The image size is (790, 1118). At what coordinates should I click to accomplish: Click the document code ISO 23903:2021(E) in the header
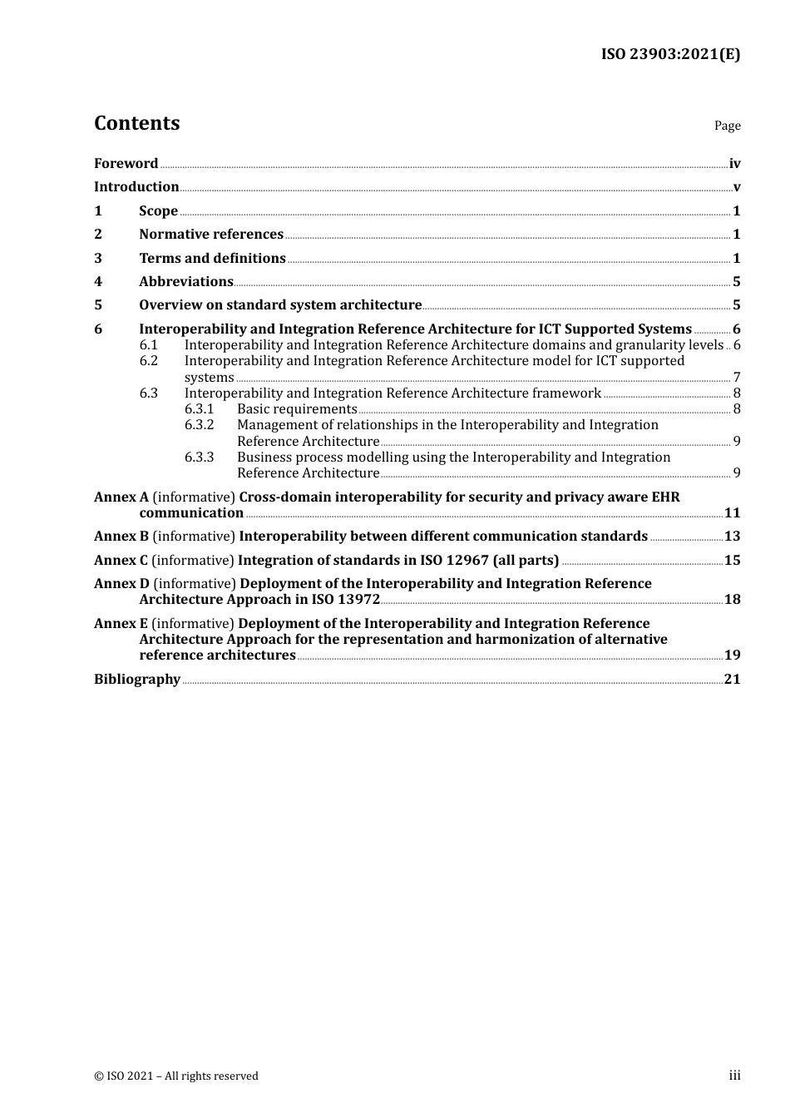point(670,55)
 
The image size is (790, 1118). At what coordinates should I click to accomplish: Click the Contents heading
point(136,123)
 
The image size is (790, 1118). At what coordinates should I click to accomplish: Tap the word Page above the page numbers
point(727,126)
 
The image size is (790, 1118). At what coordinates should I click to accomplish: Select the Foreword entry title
point(126,164)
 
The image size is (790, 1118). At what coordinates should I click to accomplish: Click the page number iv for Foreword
point(734,164)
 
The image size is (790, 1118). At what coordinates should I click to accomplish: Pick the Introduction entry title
point(136,187)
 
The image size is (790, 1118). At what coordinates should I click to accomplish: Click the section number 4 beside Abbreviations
point(98,282)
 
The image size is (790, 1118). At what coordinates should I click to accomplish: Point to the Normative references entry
point(211,235)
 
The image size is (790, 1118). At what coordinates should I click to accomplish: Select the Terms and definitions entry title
point(212,259)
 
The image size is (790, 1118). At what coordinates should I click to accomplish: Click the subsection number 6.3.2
point(199,425)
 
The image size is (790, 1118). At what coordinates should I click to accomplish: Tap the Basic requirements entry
point(297,409)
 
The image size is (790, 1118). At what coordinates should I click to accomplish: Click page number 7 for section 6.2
point(737,378)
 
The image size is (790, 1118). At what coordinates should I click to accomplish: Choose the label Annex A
point(121,497)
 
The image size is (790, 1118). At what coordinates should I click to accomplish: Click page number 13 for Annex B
point(732,537)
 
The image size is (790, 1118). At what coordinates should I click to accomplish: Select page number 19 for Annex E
point(732,655)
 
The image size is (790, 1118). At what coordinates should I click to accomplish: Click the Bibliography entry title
point(137,680)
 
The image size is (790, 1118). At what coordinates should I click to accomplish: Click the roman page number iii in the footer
point(734,1076)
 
